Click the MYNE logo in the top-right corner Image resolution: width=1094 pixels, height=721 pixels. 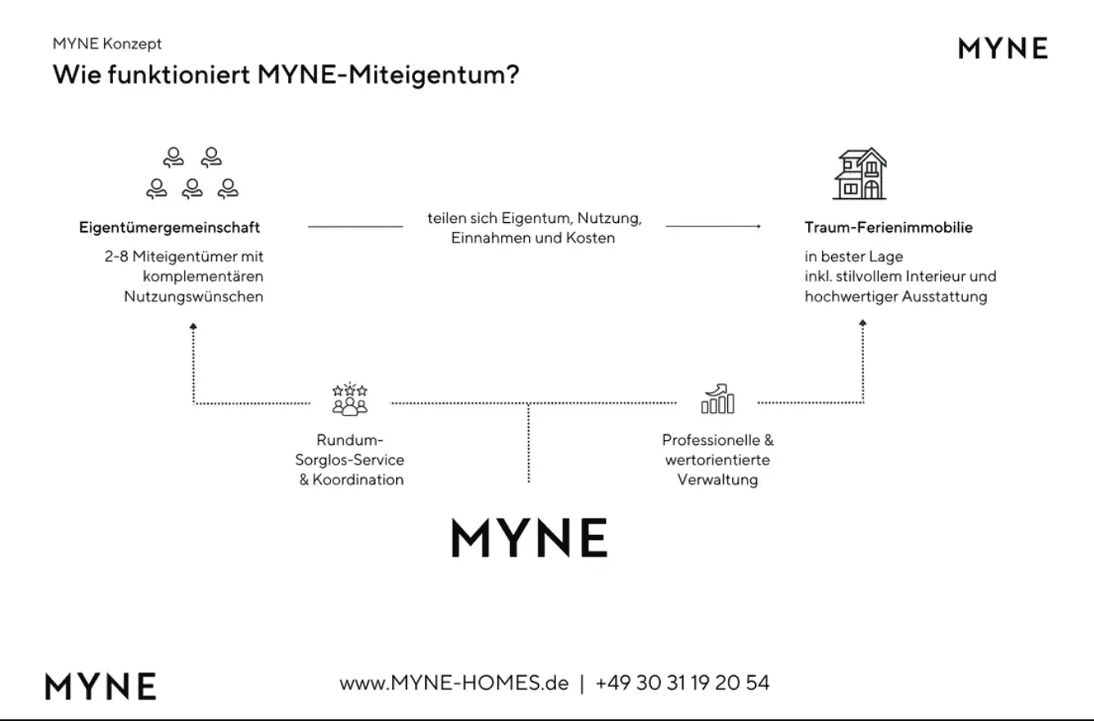pyautogui.click(x=1002, y=48)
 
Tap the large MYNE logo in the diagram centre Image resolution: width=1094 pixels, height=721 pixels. pyautogui.click(x=530, y=537)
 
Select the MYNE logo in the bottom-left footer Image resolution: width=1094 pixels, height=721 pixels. pyautogui.click(x=101, y=686)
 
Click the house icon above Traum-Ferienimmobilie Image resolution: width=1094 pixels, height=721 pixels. pyautogui.click(x=860, y=174)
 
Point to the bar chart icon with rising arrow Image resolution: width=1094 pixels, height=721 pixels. pyautogui.click(x=717, y=398)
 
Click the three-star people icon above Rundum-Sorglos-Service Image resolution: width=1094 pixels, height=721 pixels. pyautogui.click(x=350, y=399)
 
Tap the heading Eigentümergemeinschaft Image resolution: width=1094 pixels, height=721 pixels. pyautogui.click(x=170, y=227)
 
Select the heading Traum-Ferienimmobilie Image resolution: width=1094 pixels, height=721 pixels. pyautogui.click(x=888, y=227)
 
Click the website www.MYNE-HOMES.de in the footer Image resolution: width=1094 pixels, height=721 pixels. pyautogui.click(x=454, y=682)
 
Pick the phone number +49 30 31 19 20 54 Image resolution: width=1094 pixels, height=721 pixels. pyautogui.click(x=682, y=682)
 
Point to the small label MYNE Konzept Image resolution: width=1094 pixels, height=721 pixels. pyautogui.click(x=107, y=43)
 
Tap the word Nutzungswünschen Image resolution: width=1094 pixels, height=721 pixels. pyautogui.click(x=193, y=297)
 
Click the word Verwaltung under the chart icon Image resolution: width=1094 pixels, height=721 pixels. pyautogui.click(x=717, y=479)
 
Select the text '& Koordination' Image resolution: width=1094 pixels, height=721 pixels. pyautogui.click(x=351, y=479)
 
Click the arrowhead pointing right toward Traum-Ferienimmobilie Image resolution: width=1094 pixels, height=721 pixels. pyautogui.click(x=758, y=226)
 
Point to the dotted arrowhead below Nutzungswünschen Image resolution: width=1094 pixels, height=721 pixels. pyautogui.click(x=193, y=326)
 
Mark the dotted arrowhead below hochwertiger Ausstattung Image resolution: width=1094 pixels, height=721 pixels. pyautogui.click(x=863, y=323)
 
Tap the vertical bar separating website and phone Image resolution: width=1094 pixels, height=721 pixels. pyautogui.click(x=581, y=683)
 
